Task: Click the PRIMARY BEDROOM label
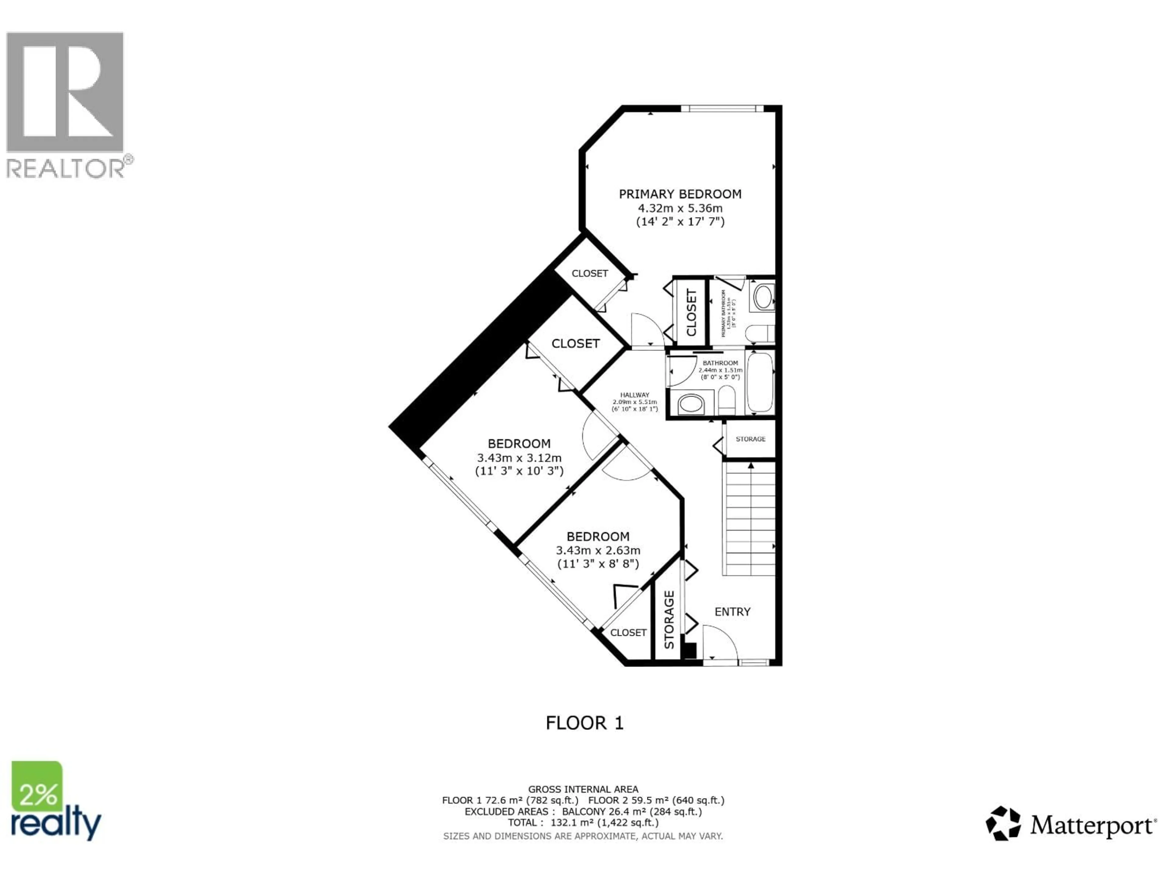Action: click(x=680, y=194)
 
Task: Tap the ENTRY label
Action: click(x=732, y=612)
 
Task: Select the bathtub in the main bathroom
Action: click(x=760, y=382)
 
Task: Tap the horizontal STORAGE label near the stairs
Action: click(x=750, y=439)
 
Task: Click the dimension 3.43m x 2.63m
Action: click(x=598, y=550)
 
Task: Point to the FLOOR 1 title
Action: click(x=584, y=723)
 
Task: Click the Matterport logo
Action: click(x=1071, y=825)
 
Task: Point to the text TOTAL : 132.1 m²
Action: click(x=583, y=823)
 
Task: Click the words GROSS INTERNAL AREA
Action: click(x=583, y=789)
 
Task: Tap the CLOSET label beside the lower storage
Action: click(x=628, y=633)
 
